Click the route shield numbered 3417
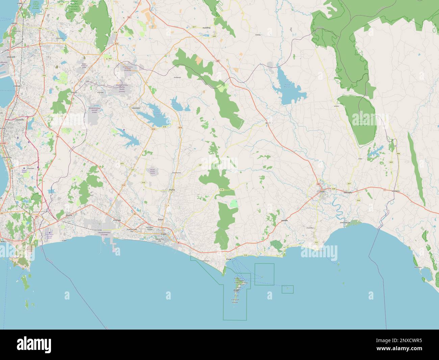[194, 27]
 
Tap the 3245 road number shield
[214, 36]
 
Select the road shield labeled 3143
[143, 183]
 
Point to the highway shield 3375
[122, 164]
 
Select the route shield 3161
[316, 242]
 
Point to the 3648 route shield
[333, 189]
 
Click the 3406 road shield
[398, 153]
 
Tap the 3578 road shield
[164, 127]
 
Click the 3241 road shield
[40, 29]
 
